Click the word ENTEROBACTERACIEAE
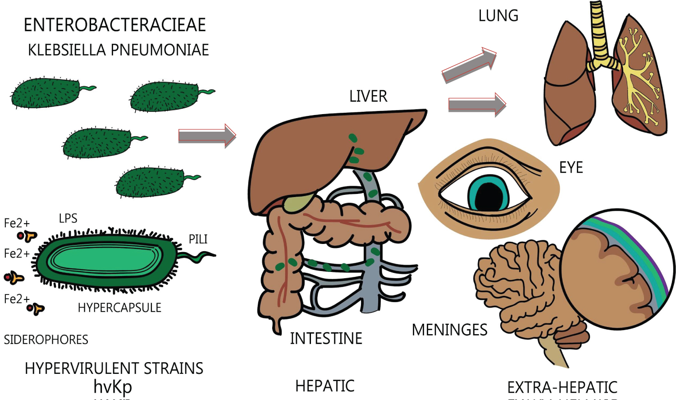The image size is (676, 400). pos(114,25)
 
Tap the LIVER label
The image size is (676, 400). pos(368,97)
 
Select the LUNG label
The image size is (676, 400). pos(498,16)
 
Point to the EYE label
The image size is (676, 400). pos(571,168)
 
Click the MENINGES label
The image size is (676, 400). pos(449,330)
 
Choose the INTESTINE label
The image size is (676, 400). pos(326,339)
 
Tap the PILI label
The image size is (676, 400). pos(198,239)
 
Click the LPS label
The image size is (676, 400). pos(68,219)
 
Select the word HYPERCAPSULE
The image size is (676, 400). pos(119,308)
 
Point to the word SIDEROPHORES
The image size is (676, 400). pos(46,340)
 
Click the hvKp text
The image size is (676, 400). pos(113,387)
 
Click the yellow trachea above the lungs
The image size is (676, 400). pos(598,32)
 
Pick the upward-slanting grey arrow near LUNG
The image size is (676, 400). pos(469,65)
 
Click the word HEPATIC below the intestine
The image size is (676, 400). pos(324,386)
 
